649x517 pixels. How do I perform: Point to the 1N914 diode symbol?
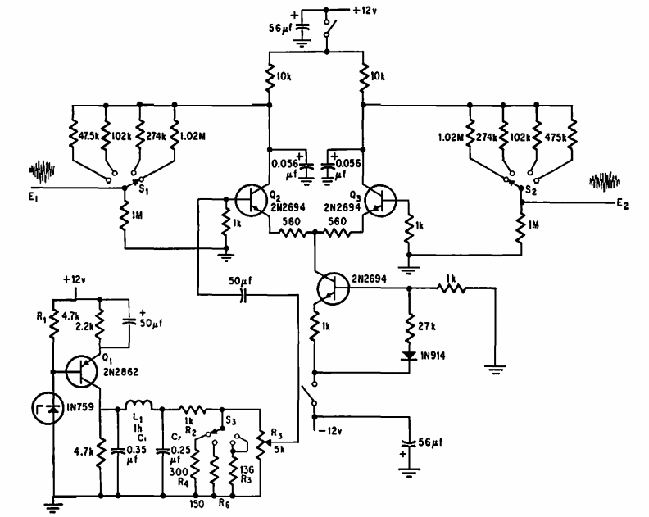[408, 355]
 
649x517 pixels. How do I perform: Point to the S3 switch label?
[231, 419]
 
